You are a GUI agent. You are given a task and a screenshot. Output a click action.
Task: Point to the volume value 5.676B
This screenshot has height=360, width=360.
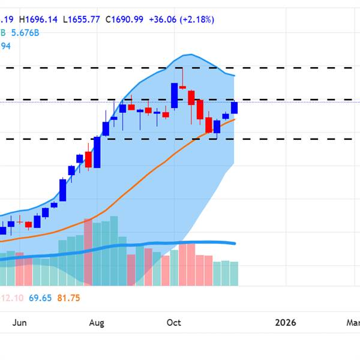pos(27,33)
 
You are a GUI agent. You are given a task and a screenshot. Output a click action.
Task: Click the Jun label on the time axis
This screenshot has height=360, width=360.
pos(20,323)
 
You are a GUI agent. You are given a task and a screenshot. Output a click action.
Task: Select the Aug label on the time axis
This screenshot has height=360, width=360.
pos(97,323)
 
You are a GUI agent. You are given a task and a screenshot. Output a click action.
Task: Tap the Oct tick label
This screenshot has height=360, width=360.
pos(173,323)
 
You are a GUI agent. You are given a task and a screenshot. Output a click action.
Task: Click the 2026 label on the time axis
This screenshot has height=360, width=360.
pos(286,323)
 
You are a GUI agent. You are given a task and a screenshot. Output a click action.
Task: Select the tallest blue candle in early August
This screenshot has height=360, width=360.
pos(97,152)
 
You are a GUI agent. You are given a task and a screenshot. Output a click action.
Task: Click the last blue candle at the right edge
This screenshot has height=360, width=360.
pos(234,107)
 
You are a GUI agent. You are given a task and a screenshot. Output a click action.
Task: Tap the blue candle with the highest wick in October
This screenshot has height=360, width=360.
pos(174,95)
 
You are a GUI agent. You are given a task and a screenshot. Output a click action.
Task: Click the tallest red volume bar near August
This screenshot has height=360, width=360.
pos(88,252)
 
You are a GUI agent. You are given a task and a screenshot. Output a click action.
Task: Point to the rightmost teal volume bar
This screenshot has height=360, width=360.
pos(234,273)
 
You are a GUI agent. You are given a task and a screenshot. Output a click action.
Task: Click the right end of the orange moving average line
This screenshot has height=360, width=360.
pos(235,119)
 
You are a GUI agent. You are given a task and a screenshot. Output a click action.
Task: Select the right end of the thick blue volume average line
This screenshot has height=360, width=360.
pos(235,243)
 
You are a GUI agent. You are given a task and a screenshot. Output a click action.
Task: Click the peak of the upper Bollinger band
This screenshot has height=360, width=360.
pos(188,55)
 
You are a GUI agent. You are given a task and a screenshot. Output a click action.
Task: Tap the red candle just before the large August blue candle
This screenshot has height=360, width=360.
pos(88,159)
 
